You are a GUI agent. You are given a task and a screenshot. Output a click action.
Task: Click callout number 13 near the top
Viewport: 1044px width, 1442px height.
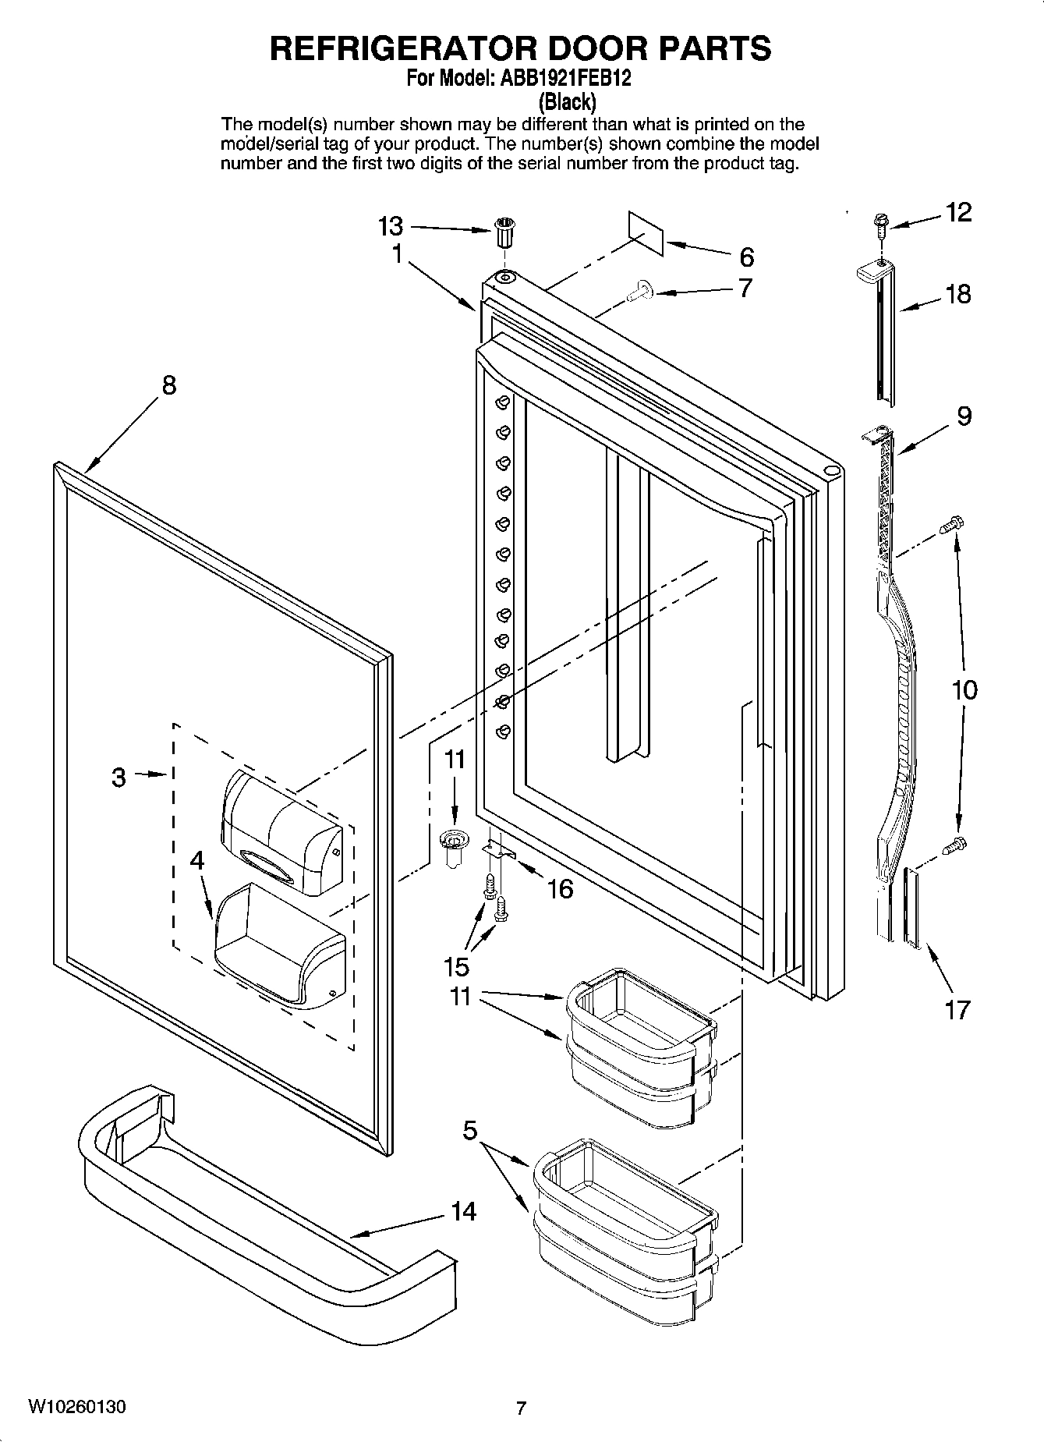click(x=391, y=227)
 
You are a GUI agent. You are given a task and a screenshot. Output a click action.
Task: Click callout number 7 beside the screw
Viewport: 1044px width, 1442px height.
click(x=745, y=288)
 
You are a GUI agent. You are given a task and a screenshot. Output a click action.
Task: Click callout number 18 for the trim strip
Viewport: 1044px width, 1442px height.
click(x=959, y=294)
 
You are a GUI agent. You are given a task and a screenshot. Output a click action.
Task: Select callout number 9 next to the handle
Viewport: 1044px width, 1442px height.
click(x=964, y=416)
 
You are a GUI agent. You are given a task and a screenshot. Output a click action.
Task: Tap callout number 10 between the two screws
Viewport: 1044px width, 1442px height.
click(x=964, y=689)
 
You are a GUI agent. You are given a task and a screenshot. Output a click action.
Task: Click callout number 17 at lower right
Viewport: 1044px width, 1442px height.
click(x=957, y=1009)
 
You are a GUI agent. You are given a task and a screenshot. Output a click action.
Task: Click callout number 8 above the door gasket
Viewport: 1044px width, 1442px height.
click(x=169, y=384)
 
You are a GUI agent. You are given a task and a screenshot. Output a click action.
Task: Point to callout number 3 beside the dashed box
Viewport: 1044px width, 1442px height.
click(x=119, y=777)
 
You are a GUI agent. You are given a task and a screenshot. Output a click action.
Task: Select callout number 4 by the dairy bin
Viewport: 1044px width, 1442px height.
click(x=197, y=860)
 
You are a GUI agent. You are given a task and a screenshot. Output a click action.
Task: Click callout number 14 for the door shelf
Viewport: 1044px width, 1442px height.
click(x=463, y=1211)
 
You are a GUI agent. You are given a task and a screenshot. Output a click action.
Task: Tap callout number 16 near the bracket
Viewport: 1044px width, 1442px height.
click(x=561, y=888)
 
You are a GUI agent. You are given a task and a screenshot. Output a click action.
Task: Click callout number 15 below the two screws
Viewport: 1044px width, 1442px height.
click(x=457, y=966)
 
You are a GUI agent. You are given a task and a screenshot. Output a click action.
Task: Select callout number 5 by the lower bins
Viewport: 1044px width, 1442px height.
click(x=469, y=1130)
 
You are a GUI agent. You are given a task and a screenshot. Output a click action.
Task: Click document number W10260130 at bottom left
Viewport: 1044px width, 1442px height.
click(x=77, y=1407)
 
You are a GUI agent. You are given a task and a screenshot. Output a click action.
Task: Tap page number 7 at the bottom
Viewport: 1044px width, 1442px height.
click(x=522, y=1408)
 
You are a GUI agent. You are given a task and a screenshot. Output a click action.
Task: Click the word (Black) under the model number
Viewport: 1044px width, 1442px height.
click(x=568, y=101)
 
